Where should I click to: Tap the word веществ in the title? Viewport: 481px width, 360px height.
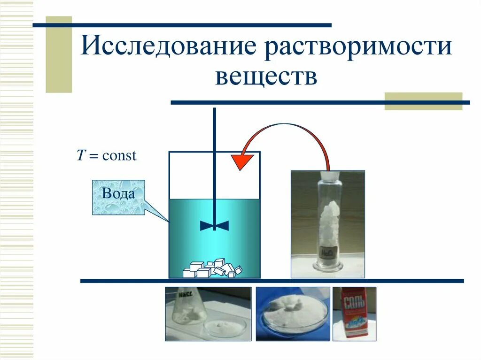point(266,77)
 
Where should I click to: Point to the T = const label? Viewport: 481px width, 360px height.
point(107,155)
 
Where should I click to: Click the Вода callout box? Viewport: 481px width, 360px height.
point(118,197)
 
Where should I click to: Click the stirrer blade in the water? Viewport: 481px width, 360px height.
point(214,226)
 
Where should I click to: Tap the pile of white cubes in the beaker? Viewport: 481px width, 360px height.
point(212,269)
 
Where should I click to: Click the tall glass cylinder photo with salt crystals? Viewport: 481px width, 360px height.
point(327,224)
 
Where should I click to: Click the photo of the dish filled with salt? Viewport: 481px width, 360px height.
point(293,313)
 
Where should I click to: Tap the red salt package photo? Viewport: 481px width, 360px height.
point(354,314)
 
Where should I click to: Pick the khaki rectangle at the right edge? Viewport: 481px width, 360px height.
point(423,101)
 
